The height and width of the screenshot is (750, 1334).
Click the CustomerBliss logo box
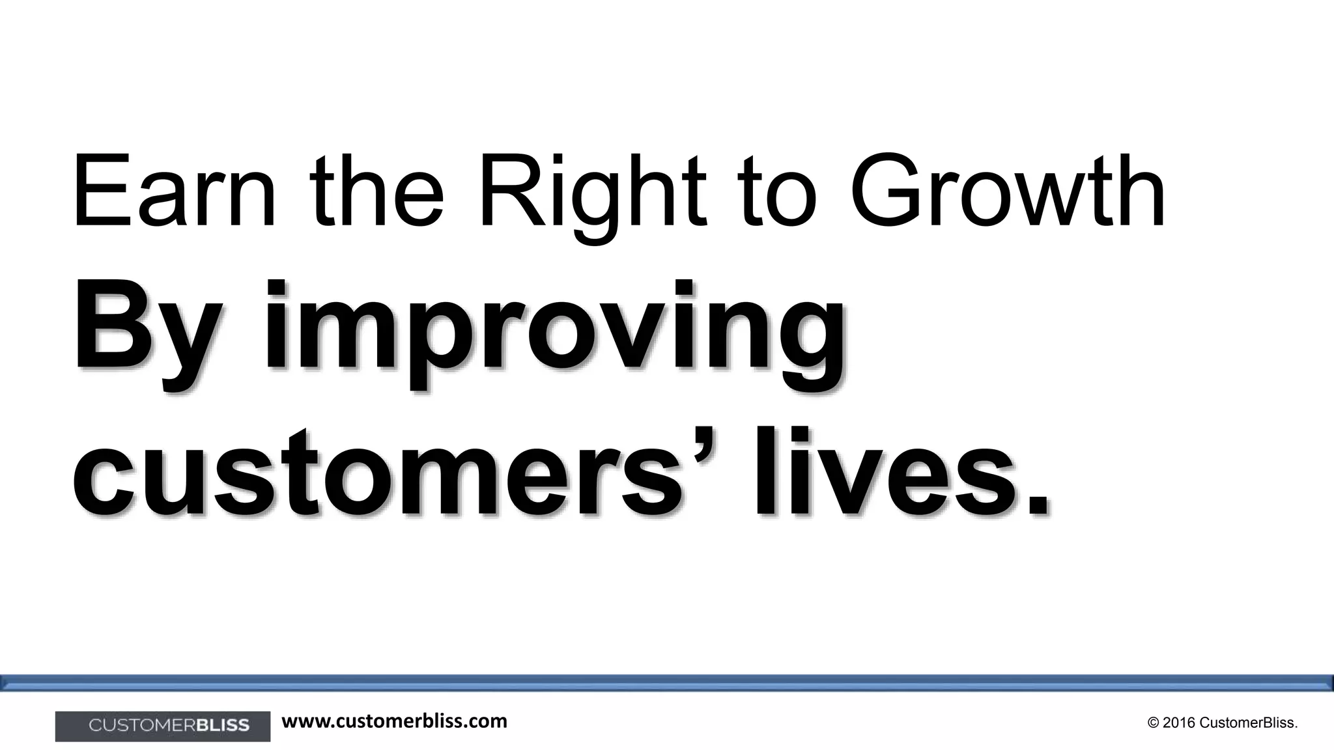[x=163, y=726]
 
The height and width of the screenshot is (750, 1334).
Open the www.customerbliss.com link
[x=394, y=721]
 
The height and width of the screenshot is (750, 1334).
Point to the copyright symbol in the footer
[x=1154, y=723]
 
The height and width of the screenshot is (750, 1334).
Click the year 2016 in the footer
[x=1178, y=723]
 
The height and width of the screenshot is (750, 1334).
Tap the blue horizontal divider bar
[x=667, y=682]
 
